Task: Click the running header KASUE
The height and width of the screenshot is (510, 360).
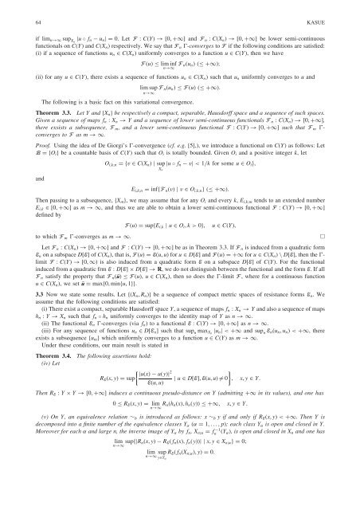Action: [180, 10]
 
